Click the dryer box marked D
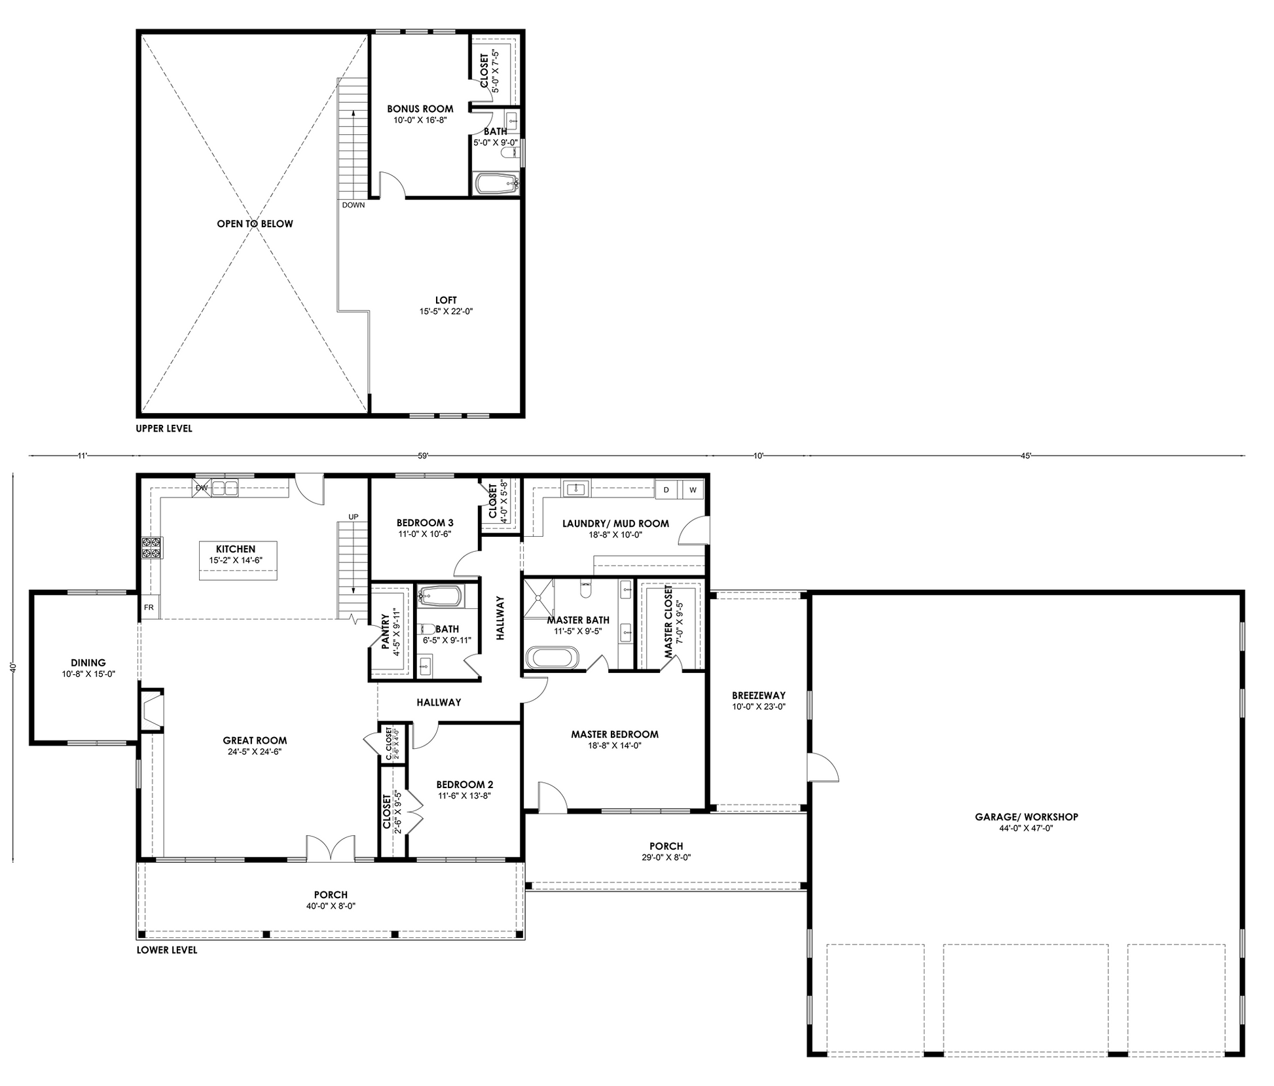(x=666, y=490)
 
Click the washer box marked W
(x=692, y=490)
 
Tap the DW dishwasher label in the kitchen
(x=202, y=488)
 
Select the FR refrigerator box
(x=149, y=607)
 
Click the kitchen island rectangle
(x=238, y=560)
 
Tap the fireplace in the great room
(x=152, y=711)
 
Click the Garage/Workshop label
(x=1026, y=816)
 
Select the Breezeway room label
(x=759, y=695)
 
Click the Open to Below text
(x=255, y=224)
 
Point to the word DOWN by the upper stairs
(x=354, y=205)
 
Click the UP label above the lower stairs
(x=354, y=516)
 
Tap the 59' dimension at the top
(x=423, y=456)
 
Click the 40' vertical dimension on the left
(x=12, y=667)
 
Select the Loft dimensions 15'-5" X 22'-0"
(x=446, y=312)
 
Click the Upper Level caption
(x=164, y=429)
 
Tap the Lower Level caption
(x=166, y=950)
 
